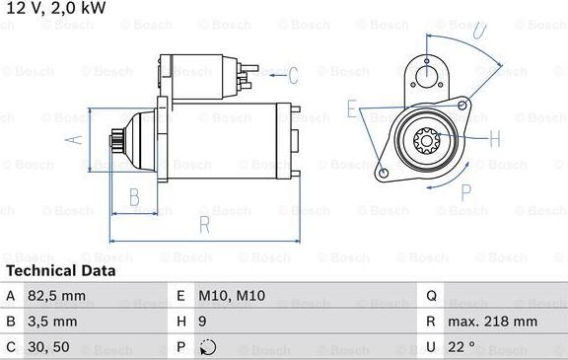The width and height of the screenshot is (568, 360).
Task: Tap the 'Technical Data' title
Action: tap(61, 270)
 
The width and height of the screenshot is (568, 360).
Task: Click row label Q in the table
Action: tap(431, 295)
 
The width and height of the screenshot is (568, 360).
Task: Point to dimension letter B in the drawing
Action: tap(134, 197)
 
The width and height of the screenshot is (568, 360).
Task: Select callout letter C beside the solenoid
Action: tap(293, 74)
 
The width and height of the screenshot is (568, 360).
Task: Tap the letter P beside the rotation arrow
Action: tap(466, 191)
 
